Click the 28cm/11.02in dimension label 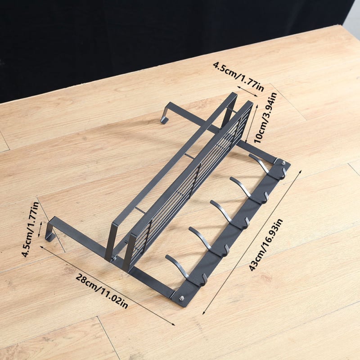pos(102,291)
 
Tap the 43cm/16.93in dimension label pos(266,245)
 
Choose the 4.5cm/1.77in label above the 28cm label pos(30,229)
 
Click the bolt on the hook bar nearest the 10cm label pos(283,163)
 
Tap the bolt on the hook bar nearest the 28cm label pos(182,298)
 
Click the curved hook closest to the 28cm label pos(186,270)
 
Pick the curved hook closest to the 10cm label pos(267,167)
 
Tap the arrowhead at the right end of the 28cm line pos(173,324)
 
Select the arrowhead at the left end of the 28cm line pos(41,247)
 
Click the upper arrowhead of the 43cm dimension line pos(300,171)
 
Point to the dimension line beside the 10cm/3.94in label pos(251,123)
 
